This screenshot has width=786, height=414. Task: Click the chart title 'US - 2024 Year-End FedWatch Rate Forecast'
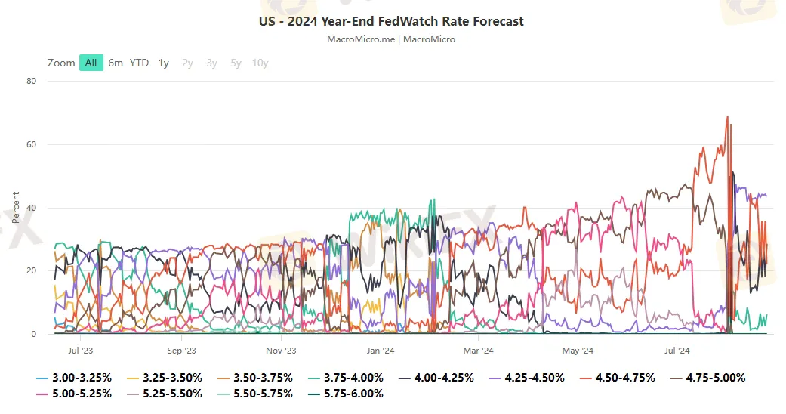pos(391,21)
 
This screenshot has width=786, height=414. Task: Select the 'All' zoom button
pos(91,63)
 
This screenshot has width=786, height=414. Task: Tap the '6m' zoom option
pos(116,63)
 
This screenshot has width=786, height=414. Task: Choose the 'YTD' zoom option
pos(139,63)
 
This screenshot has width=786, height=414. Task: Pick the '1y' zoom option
pos(164,63)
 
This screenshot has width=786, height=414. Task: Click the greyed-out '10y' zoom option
pos(260,63)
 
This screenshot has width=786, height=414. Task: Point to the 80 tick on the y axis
pos(31,81)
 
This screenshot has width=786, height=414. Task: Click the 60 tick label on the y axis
pos(31,144)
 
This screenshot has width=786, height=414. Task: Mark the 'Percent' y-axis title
pos(16,208)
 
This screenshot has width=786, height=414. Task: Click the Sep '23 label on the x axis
pos(180,351)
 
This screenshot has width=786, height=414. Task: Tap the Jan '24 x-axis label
pos(381,351)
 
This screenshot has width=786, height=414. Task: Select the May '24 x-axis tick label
pos(577,351)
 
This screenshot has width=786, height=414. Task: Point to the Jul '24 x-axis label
pos(677,351)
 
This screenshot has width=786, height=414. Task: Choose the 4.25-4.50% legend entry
pos(529,377)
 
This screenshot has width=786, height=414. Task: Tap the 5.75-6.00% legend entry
pos(347,394)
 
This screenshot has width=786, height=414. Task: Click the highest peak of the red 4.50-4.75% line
pos(727,116)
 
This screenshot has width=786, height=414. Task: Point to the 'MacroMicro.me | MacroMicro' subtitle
pos(391,39)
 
